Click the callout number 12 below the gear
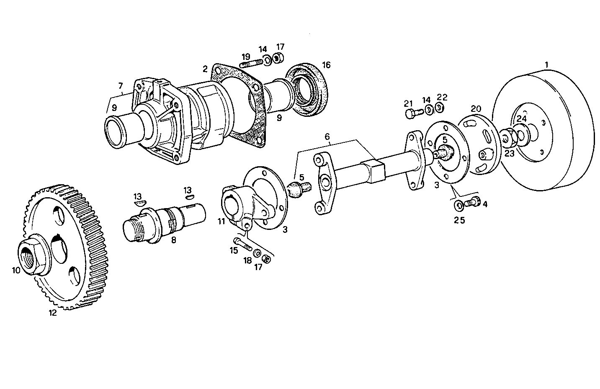point(53,313)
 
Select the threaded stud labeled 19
point(251,64)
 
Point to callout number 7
point(120,86)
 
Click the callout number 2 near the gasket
point(205,68)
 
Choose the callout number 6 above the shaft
point(327,137)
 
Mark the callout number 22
point(442,97)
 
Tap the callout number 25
point(460,220)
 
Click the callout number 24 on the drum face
point(521,119)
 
